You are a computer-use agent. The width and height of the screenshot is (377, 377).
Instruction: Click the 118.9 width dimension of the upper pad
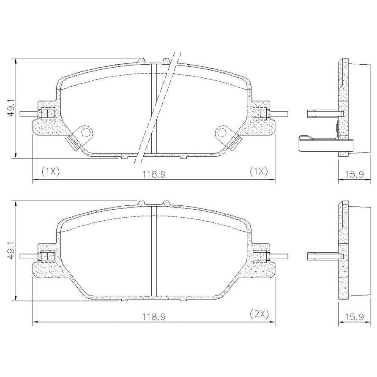(x=154, y=174)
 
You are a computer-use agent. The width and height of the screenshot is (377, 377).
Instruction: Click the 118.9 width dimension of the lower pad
(x=154, y=317)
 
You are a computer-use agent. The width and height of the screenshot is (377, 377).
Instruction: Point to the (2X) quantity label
(x=259, y=314)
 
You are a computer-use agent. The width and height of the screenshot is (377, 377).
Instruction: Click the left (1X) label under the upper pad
(x=50, y=172)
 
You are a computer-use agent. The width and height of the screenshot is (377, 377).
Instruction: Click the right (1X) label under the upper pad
(x=259, y=172)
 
